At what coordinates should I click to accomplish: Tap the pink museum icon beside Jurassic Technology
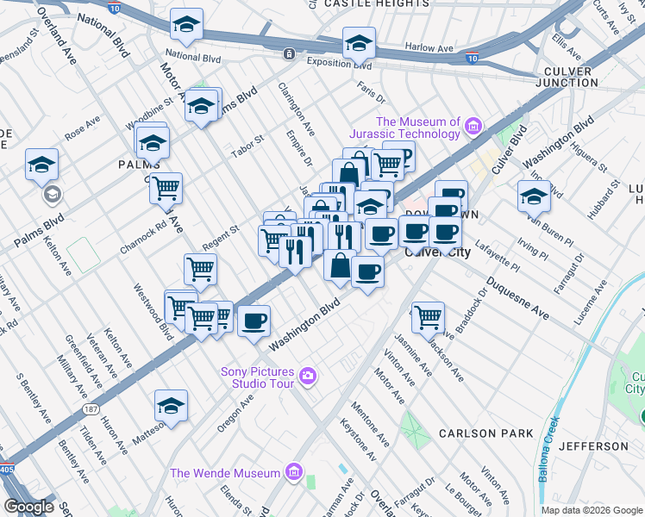473,128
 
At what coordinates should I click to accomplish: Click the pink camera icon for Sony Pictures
308,376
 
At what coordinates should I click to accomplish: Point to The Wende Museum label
225,472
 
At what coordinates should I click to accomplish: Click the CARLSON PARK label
486,433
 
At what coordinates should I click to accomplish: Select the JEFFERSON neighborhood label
593,446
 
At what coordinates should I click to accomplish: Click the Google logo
28,507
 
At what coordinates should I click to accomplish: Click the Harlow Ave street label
429,48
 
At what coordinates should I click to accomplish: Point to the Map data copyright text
590,510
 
